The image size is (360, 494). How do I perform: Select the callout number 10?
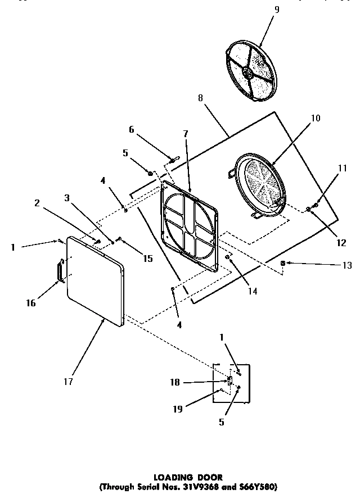click(315, 118)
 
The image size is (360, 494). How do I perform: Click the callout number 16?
click(31, 303)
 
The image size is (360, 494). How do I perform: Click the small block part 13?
click(283, 263)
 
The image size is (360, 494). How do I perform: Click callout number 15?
click(147, 259)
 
